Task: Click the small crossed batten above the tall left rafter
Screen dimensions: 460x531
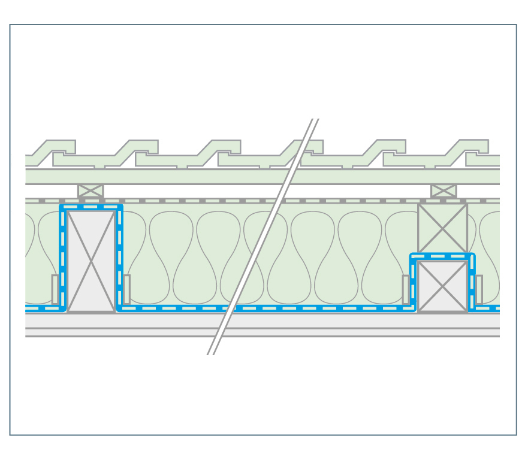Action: pos(90,191)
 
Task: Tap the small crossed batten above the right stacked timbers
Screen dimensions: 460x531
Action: pos(443,191)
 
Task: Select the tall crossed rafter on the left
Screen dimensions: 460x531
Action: pos(91,261)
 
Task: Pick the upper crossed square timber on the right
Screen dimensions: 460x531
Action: pos(442,228)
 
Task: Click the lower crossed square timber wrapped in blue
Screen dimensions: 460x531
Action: pos(442,286)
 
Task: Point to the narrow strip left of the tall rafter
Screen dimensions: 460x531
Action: pos(55,289)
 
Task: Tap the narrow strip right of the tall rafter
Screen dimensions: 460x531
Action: pos(126,289)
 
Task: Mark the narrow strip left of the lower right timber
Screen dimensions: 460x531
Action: pos(406,289)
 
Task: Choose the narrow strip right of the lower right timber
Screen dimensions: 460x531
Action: pos(479,289)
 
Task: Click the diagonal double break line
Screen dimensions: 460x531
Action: pos(264,237)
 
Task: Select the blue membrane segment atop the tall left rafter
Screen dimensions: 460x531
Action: pos(91,207)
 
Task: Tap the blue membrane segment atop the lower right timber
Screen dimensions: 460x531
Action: pos(442,256)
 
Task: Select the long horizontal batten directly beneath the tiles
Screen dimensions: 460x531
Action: pos(263,177)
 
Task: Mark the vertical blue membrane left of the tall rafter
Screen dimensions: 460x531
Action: pos(62,258)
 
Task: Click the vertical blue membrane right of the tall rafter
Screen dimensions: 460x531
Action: pos(120,258)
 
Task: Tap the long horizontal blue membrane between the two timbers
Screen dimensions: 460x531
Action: pos(264,308)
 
